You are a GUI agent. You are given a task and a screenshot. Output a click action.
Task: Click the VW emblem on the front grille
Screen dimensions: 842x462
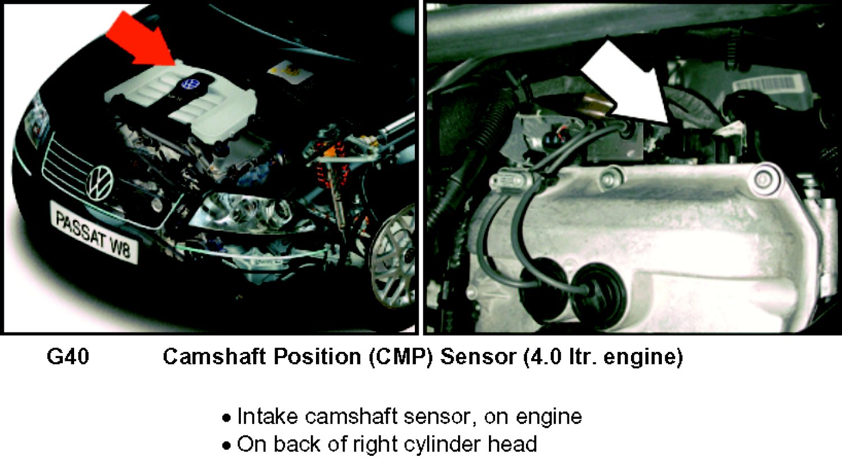coord(100,183)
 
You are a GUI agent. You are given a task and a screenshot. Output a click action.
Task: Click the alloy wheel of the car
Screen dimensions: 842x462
coord(394,255)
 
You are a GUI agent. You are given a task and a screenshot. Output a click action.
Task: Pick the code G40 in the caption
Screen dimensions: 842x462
coord(68,356)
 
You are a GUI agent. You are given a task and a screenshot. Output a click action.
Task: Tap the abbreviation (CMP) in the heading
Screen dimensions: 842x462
coord(401,356)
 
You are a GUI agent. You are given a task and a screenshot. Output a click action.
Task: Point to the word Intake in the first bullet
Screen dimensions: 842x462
coord(267,416)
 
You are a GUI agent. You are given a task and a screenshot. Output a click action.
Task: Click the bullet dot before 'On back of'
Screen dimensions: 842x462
coord(227,446)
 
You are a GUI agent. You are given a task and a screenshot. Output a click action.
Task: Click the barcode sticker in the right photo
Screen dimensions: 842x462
coord(767,85)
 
